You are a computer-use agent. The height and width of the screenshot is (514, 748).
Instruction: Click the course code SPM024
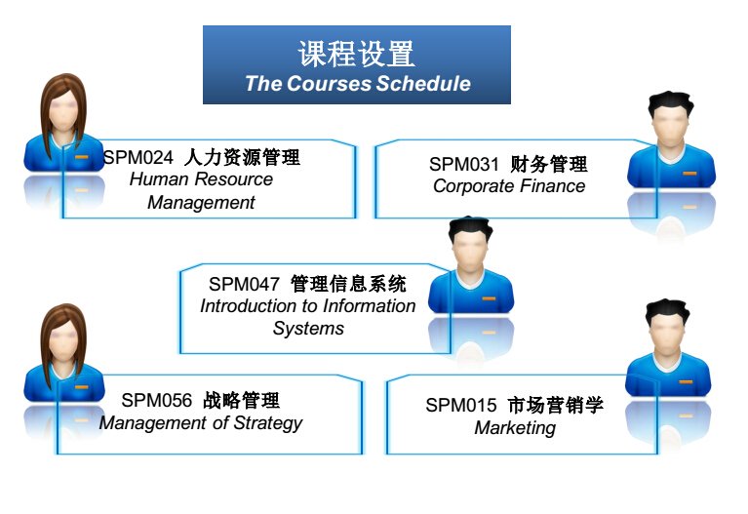point(138,157)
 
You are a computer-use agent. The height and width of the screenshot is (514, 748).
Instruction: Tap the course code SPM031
point(463,164)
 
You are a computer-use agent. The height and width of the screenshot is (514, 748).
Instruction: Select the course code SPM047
point(244,284)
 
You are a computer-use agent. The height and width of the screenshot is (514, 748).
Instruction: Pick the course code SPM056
point(156,400)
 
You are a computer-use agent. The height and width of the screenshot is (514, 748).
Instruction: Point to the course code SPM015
point(461,405)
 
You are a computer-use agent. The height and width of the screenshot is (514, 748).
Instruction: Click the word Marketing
point(515,428)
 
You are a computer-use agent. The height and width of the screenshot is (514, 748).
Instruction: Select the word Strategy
point(268,423)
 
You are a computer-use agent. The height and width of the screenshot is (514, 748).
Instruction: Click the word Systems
point(308,329)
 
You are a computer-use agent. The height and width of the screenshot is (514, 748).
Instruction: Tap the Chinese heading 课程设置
point(356,54)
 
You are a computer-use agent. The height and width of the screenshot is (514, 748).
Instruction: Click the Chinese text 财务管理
point(549,164)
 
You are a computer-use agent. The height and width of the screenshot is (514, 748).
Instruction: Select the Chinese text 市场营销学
point(555,405)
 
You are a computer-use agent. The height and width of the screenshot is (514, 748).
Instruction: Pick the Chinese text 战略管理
point(242,400)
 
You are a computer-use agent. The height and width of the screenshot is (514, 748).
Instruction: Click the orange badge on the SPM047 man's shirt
point(489,298)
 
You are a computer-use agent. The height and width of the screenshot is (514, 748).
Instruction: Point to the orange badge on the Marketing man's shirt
point(686,381)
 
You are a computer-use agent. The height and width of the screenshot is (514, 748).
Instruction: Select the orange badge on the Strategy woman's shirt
point(82,386)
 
